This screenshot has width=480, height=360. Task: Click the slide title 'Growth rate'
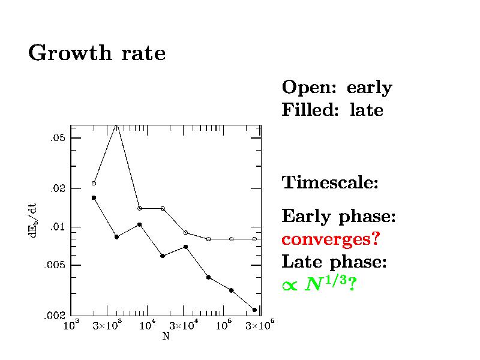[x=97, y=53]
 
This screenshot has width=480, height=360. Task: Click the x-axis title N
[x=166, y=336]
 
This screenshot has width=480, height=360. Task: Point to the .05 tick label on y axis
[x=56, y=138]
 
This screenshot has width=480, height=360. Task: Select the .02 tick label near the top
[x=56, y=188]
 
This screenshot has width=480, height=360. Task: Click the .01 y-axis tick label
[x=56, y=227]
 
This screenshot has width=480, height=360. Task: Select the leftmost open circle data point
[x=94, y=183]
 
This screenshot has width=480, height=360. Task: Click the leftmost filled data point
[x=94, y=197]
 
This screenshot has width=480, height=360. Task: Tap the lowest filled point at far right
[x=254, y=310]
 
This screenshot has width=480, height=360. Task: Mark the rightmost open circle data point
[x=254, y=239]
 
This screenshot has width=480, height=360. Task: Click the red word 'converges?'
[x=331, y=239]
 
